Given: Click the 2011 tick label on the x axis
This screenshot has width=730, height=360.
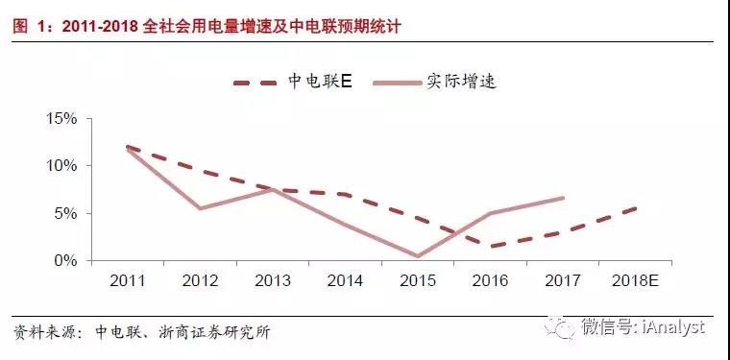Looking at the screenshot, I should click(x=128, y=280).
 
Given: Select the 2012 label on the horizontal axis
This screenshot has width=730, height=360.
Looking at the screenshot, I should click(x=200, y=280).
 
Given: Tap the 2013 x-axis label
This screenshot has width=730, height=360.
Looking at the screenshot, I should click(x=273, y=280).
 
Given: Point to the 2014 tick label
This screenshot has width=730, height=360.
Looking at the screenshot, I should click(x=345, y=280).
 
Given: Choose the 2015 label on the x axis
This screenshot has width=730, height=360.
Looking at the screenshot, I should click(x=418, y=280).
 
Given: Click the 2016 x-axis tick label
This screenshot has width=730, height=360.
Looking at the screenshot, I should click(x=490, y=280).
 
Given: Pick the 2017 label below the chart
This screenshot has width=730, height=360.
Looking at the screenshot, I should click(x=563, y=280).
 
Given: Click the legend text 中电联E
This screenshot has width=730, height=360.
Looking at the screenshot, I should click(x=321, y=81).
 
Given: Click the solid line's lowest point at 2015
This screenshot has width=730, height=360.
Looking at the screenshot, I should click(x=418, y=256).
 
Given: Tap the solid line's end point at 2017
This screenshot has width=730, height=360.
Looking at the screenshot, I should click(x=563, y=198).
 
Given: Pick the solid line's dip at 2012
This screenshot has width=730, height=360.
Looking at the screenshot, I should click(x=200, y=208).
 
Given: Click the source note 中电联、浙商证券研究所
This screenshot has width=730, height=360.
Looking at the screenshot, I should click(x=182, y=333).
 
